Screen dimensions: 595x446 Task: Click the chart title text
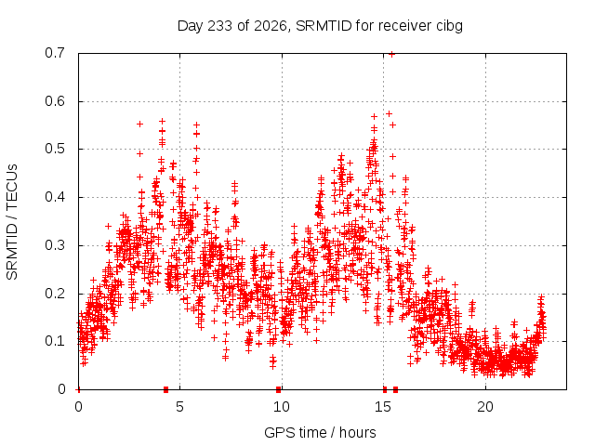click(320, 26)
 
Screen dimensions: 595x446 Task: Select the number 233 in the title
click(220, 26)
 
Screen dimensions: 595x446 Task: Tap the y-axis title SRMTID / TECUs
click(12, 222)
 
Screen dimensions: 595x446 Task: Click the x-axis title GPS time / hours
click(320, 432)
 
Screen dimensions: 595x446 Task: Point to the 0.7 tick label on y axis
click(55, 53)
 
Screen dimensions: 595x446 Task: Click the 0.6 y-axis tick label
click(55, 101)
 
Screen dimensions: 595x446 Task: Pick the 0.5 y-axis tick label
click(55, 149)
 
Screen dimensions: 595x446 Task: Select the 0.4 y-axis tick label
click(55, 197)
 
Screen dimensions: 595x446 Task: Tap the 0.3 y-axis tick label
click(55, 245)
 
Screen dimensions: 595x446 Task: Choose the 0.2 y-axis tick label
click(55, 294)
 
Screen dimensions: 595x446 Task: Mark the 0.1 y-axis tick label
click(55, 341)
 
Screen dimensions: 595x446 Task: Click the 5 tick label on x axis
click(179, 407)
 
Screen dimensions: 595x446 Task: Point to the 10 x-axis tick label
click(281, 407)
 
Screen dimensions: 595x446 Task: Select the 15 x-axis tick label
click(383, 407)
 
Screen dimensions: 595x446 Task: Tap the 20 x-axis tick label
click(485, 407)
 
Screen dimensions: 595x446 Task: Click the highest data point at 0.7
click(392, 54)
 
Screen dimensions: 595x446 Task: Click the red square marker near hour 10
click(279, 389)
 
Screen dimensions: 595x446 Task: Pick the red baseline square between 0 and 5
click(165, 389)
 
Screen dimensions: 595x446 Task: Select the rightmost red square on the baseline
click(396, 389)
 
